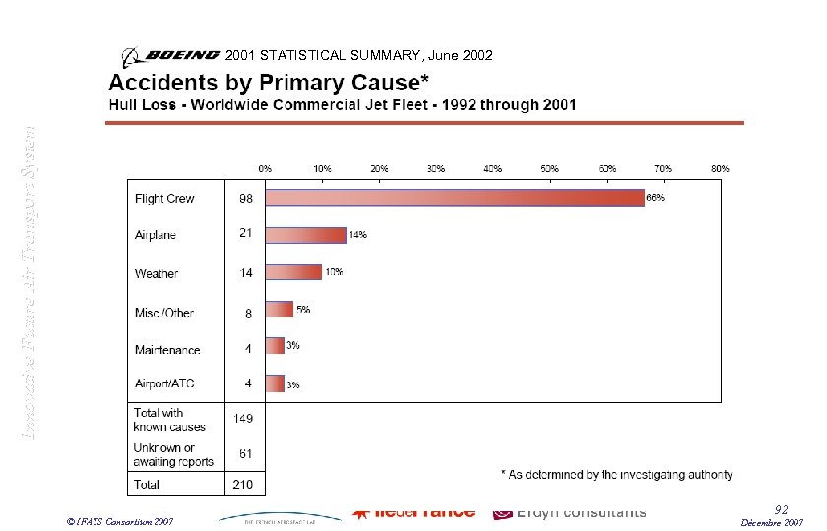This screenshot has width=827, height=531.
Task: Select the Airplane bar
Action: (306, 235)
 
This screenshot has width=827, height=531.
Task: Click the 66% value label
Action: (655, 198)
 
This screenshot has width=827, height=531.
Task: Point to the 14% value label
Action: (357, 235)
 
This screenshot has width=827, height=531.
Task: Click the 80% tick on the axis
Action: (721, 168)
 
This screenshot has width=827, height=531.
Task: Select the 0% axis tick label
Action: (266, 168)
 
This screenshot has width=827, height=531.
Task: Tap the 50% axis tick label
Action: (550, 168)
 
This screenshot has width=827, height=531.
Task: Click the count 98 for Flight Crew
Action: (247, 198)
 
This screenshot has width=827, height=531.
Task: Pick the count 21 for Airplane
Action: (247, 233)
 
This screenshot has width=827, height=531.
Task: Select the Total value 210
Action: (242, 485)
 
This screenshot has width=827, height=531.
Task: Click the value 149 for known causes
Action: (243, 418)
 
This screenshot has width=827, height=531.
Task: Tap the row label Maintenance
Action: (167, 350)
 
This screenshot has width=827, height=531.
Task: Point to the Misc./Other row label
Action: (164, 313)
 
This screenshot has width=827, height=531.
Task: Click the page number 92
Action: (781, 509)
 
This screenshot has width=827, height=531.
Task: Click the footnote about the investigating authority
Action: (616, 475)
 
